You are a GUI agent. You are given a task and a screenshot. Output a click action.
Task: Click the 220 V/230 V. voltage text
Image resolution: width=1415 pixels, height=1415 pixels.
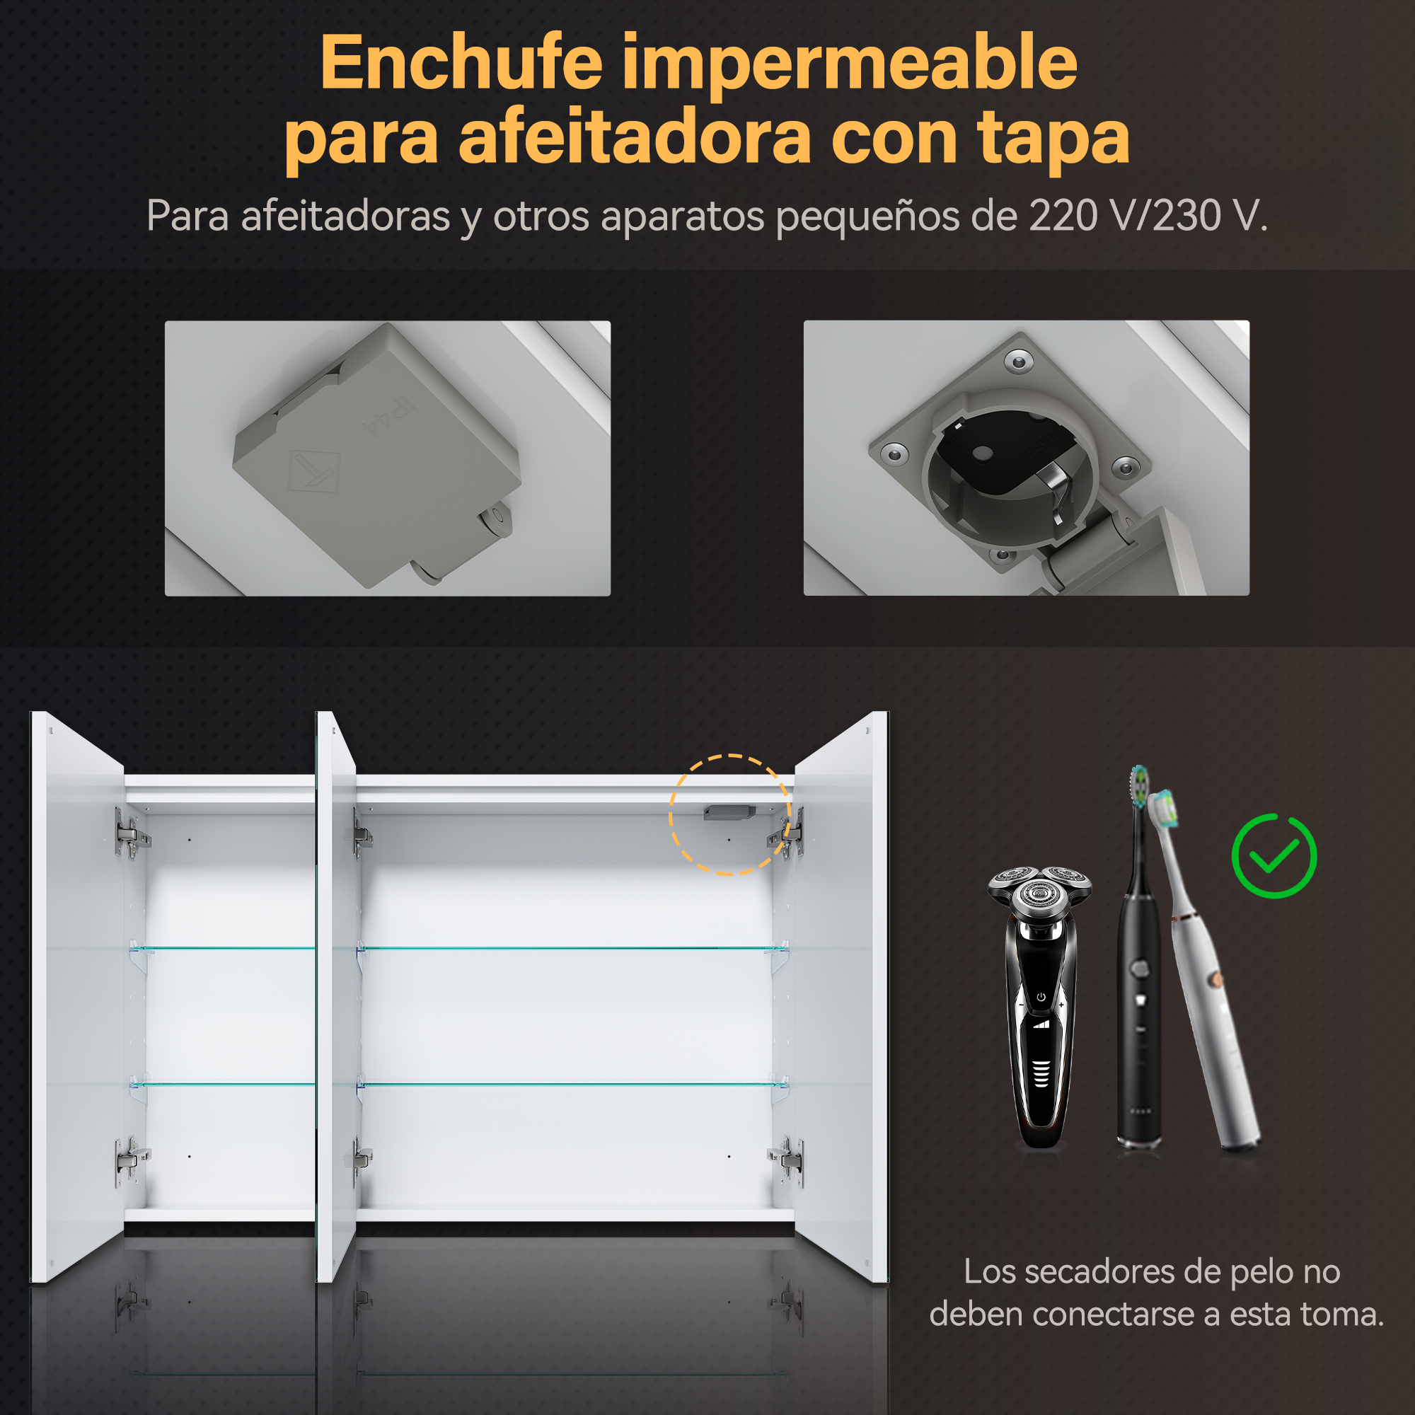click(1148, 216)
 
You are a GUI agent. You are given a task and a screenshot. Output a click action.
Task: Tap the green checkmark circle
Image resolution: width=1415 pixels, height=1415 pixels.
click(1273, 855)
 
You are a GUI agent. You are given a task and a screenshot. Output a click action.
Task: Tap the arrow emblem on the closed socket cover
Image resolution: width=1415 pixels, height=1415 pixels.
click(315, 470)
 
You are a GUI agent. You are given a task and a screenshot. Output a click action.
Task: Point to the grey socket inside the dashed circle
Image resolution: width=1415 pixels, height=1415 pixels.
click(729, 813)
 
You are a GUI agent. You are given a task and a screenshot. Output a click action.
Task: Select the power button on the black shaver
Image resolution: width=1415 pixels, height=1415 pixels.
click(1041, 997)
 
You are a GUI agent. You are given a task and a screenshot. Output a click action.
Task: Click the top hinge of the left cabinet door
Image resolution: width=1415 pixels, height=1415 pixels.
click(131, 833)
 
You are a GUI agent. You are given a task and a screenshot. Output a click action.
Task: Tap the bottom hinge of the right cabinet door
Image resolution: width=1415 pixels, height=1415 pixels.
click(787, 1161)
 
